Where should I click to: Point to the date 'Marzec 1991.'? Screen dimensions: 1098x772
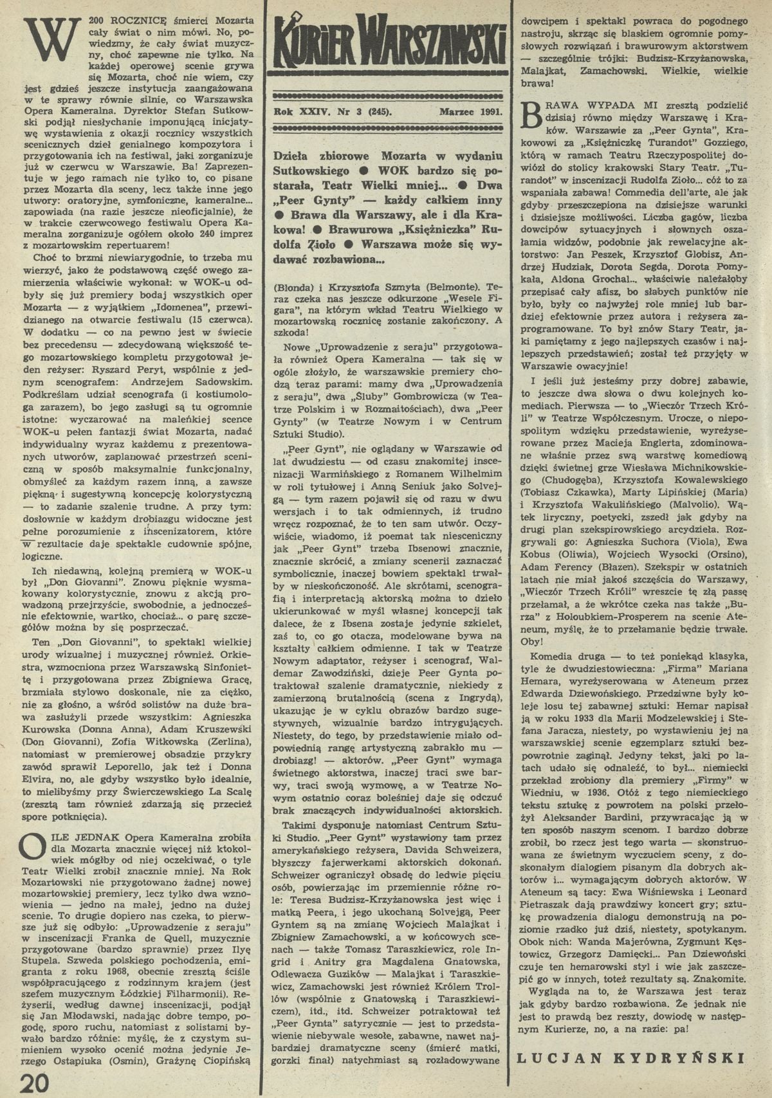[x=472, y=111]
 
